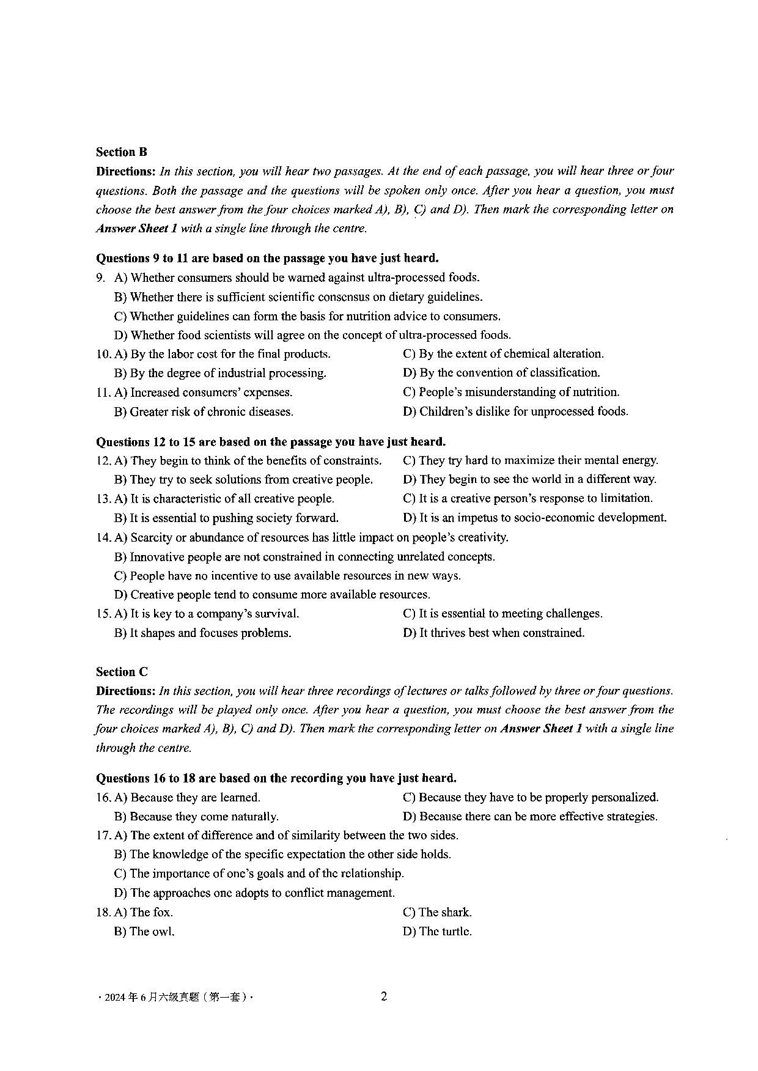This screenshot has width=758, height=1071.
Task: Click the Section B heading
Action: tap(121, 152)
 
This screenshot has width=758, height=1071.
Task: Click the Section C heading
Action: tap(122, 672)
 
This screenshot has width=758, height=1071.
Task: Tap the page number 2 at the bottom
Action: tap(384, 996)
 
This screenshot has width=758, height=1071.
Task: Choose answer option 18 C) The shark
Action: tap(437, 912)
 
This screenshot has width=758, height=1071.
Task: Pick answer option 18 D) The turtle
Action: tap(437, 932)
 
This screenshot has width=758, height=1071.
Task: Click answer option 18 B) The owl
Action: tap(144, 932)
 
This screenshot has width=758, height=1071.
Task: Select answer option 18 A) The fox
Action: tap(144, 912)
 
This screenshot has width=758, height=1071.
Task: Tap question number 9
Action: tap(101, 278)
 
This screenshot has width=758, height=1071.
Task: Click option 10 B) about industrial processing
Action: tap(220, 373)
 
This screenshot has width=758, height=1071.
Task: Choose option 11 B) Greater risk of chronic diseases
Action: tap(204, 412)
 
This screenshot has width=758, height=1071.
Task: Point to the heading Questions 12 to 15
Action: tap(271, 442)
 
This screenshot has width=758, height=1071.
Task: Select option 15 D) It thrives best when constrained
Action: tap(493, 633)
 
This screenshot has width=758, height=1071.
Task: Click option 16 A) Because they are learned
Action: tap(187, 797)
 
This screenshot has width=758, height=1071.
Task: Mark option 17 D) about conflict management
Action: tap(254, 893)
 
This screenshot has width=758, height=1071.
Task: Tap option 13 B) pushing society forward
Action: tap(226, 518)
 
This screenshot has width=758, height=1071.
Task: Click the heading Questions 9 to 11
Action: tap(267, 259)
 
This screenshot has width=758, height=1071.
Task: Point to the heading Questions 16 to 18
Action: tap(276, 778)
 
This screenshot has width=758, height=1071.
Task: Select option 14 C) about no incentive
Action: tap(287, 576)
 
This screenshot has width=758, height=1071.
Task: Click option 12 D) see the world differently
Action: tap(529, 479)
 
